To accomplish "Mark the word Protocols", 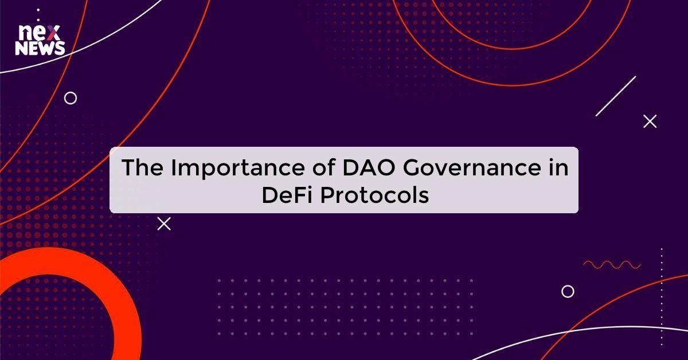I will pos(374,195).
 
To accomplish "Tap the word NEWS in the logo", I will pos(40,49).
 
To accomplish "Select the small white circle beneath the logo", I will pos(71,98).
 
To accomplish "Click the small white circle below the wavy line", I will pos(568,291).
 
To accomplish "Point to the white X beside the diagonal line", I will pos(650,121).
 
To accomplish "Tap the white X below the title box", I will pos(164,224).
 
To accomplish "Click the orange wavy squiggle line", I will pos(612,264).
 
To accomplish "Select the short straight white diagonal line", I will pos(616,96).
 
